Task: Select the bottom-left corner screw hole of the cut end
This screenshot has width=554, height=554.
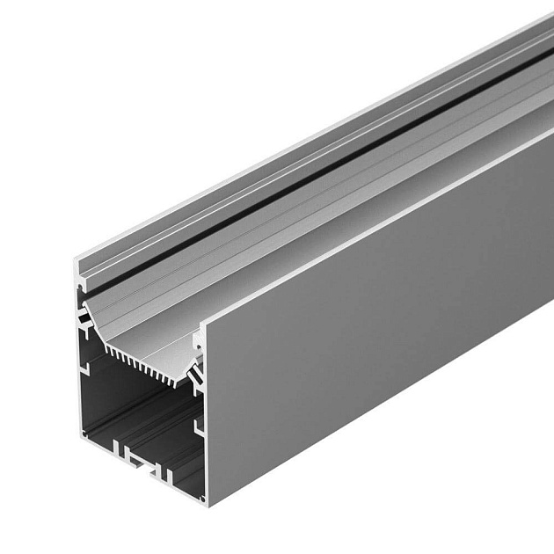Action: coord(84,434)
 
